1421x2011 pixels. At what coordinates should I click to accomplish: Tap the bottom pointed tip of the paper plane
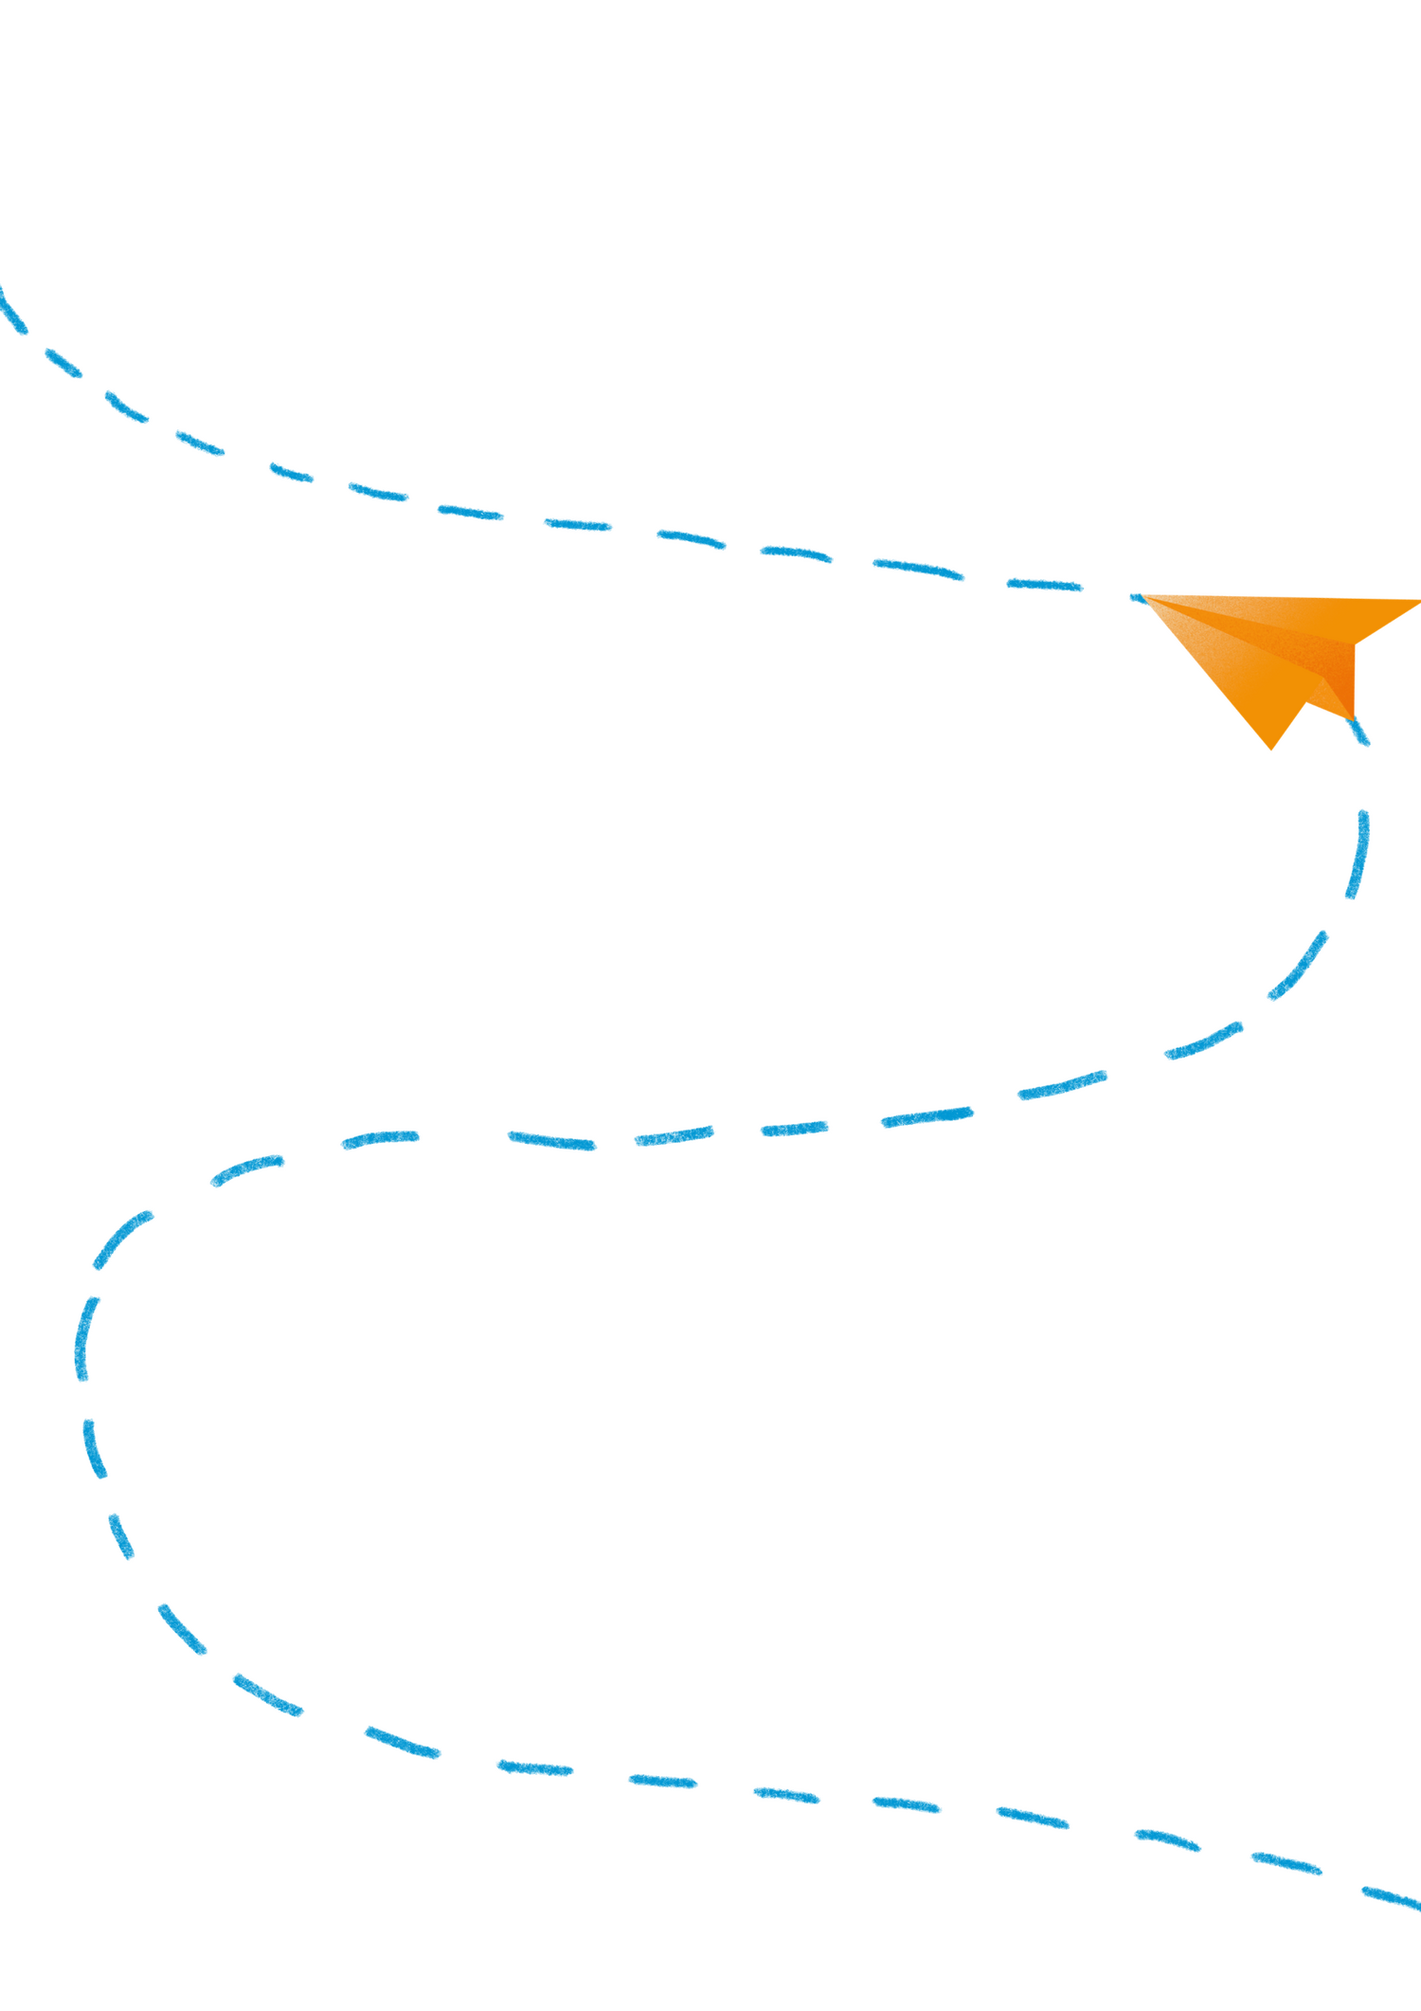(x=1271, y=752)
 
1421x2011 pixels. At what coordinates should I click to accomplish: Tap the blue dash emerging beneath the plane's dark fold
(x=1359, y=733)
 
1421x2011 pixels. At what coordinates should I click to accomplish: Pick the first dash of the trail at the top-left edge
(x=13, y=311)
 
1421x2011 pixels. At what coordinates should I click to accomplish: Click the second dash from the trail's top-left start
(x=63, y=363)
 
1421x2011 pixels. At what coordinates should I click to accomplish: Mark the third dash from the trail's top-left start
(x=126, y=407)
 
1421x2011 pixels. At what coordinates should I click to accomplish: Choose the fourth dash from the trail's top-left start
(x=199, y=443)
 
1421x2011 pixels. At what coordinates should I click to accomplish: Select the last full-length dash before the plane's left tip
(x=1044, y=585)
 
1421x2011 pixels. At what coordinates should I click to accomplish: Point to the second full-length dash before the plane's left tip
(x=919, y=569)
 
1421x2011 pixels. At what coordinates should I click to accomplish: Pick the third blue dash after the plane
(x=1299, y=968)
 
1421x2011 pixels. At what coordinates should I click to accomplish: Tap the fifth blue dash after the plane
(x=1062, y=1086)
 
